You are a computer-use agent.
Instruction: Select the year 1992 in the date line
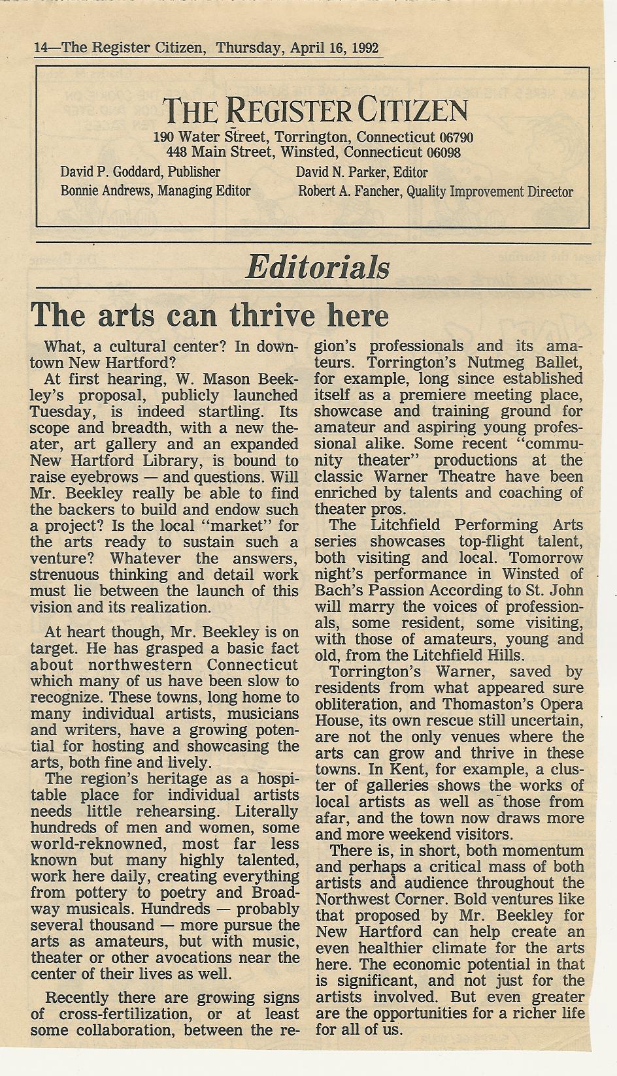coord(365,48)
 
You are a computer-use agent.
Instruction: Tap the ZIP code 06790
coord(456,138)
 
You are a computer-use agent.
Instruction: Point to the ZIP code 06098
coord(442,153)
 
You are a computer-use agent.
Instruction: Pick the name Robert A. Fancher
coord(350,192)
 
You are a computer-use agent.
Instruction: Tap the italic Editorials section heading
coord(318,268)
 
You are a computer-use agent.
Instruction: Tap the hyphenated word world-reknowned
coord(80,844)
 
